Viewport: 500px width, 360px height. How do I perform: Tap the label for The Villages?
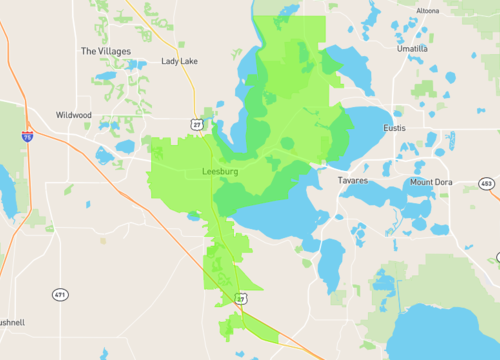[x=104, y=50]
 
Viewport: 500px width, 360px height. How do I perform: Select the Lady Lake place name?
[x=180, y=61]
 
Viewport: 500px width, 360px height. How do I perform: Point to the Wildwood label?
[x=74, y=115]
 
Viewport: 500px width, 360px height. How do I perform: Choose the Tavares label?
[x=352, y=181]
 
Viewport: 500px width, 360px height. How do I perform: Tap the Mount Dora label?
[x=431, y=182]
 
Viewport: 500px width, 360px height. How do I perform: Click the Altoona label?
[x=427, y=10]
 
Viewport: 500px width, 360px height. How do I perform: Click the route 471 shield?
[x=60, y=294]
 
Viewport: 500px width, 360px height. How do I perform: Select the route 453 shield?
[x=486, y=184]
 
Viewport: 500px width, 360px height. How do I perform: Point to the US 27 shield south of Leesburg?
[x=241, y=298]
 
